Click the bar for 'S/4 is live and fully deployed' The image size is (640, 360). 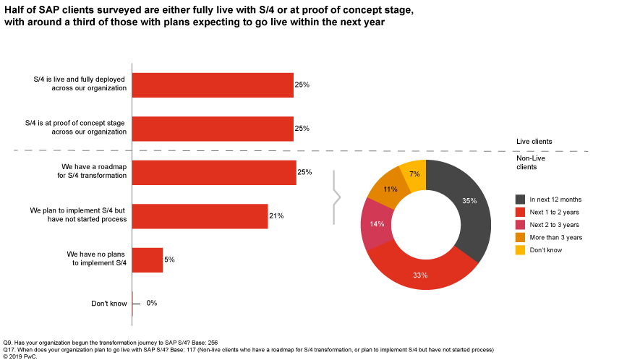[x=212, y=85]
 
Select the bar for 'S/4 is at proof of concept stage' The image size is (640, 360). [x=212, y=128]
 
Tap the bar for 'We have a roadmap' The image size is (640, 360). [x=213, y=172]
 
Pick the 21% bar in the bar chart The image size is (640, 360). [x=200, y=215]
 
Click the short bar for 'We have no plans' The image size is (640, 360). [x=148, y=259]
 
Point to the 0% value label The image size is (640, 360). [x=152, y=303]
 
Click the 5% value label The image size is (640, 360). [x=169, y=259]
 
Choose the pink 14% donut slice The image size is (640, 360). [x=374, y=224]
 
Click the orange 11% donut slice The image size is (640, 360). [x=389, y=187]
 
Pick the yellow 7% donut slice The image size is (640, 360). [x=414, y=174]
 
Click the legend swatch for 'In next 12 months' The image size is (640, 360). [x=520, y=199]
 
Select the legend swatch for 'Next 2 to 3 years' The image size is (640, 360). [x=520, y=225]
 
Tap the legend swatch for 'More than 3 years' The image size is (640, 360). [x=520, y=237]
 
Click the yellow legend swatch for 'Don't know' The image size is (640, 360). [x=520, y=250]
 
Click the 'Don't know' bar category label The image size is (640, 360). [x=109, y=303]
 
